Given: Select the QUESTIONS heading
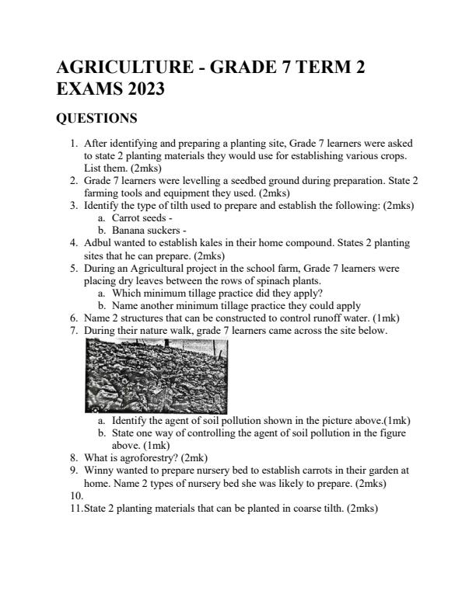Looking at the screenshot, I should tap(97, 119).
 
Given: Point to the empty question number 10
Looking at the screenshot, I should tap(75, 495).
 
